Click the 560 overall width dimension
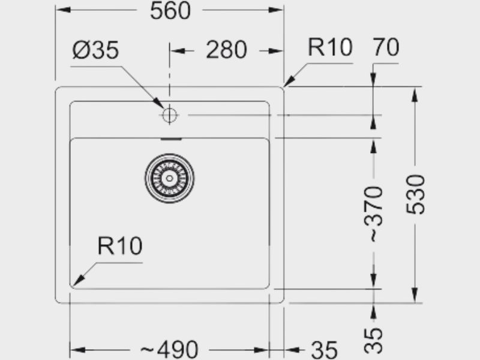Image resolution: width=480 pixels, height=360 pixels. tap(170, 11)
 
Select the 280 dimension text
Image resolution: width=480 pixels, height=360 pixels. tap(226, 50)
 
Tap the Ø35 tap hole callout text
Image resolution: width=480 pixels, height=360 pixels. tap(95, 50)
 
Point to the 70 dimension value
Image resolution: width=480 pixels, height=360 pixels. tap(386, 47)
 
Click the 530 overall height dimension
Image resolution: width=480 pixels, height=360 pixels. tap(415, 194)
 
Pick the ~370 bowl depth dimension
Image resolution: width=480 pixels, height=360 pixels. tap(373, 214)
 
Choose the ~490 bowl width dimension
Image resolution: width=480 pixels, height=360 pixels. tap(169, 349)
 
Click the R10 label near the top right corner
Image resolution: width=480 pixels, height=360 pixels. tap(330, 47)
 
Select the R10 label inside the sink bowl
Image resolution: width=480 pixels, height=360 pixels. tap(119, 246)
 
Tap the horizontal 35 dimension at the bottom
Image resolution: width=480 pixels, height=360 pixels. tap(324, 350)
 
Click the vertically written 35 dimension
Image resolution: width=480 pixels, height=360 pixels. tap(373, 340)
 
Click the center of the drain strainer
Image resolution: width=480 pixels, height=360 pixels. tap(169, 178)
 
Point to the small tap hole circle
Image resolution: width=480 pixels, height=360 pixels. tap(169, 115)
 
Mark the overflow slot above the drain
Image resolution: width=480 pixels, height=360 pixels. tap(171, 139)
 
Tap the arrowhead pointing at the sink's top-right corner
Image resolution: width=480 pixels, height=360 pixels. tap(289, 80)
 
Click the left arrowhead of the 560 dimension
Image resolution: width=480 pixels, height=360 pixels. tap(64, 10)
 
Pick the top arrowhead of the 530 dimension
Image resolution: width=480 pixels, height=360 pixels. tap(415, 95)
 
